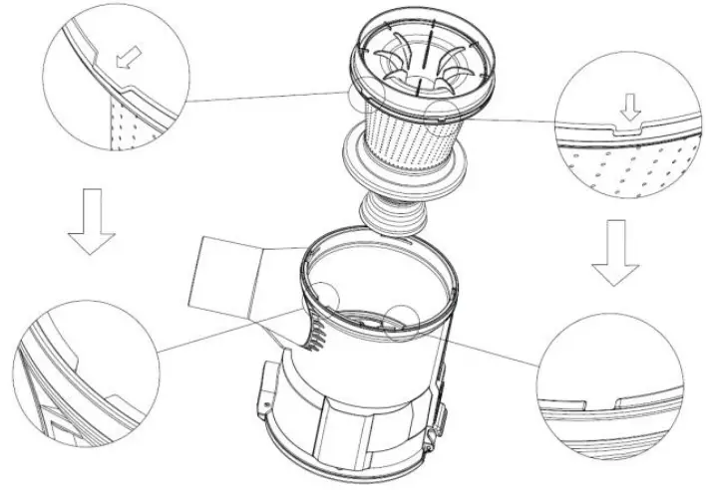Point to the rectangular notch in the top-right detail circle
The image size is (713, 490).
(x=626, y=126)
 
